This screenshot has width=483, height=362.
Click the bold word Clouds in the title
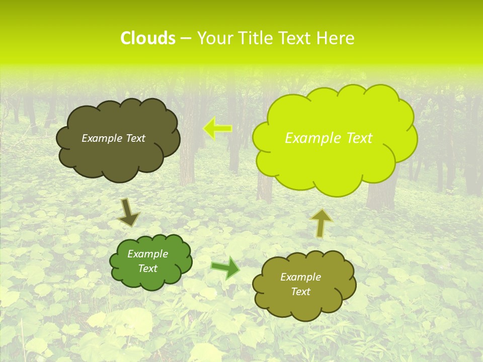[x=148, y=38]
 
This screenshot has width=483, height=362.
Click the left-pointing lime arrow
[x=217, y=129]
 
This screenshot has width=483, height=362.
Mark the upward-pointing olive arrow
[x=321, y=222]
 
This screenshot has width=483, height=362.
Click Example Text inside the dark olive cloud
[x=113, y=138]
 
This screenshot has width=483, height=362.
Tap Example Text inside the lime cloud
[x=329, y=138]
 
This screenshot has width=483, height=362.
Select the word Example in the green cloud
[x=148, y=254]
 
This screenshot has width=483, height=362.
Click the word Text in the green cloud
[x=148, y=268]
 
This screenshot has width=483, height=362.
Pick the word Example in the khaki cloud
[x=300, y=277]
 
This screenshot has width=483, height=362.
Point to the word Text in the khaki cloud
[x=300, y=292]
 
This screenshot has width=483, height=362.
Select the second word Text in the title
[x=294, y=38]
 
